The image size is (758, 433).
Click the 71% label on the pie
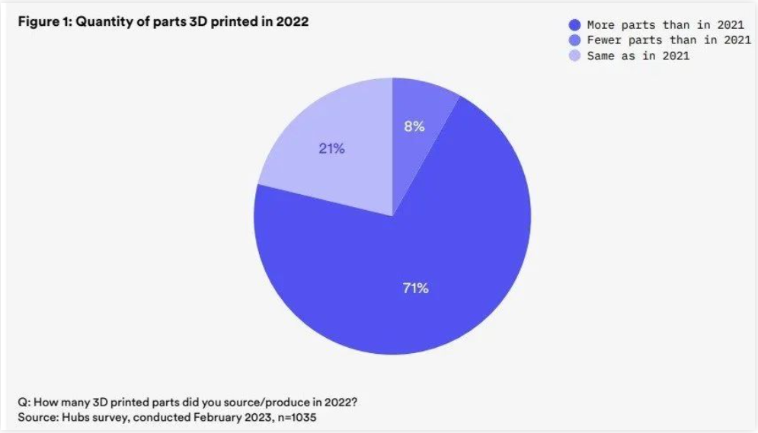[x=415, y=288]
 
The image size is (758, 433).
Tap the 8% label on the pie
[x=414, y=127]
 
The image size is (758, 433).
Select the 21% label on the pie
[x=331, y=149]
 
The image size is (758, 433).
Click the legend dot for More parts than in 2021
[x=574, y=25]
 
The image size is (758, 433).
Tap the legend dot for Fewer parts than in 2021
[x=574, y=40]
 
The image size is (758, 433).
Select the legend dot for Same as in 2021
[x=574, y=56]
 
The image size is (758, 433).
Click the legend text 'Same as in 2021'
[x=638, y=56]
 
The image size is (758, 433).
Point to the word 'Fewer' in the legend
[x=603, y=40]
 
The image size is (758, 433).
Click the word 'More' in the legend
[x=600, y=25]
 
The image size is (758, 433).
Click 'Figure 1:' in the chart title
[x=44, y=22]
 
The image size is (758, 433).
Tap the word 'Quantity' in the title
[x=103, y=22]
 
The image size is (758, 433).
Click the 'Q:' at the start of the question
[x=24, y=402]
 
